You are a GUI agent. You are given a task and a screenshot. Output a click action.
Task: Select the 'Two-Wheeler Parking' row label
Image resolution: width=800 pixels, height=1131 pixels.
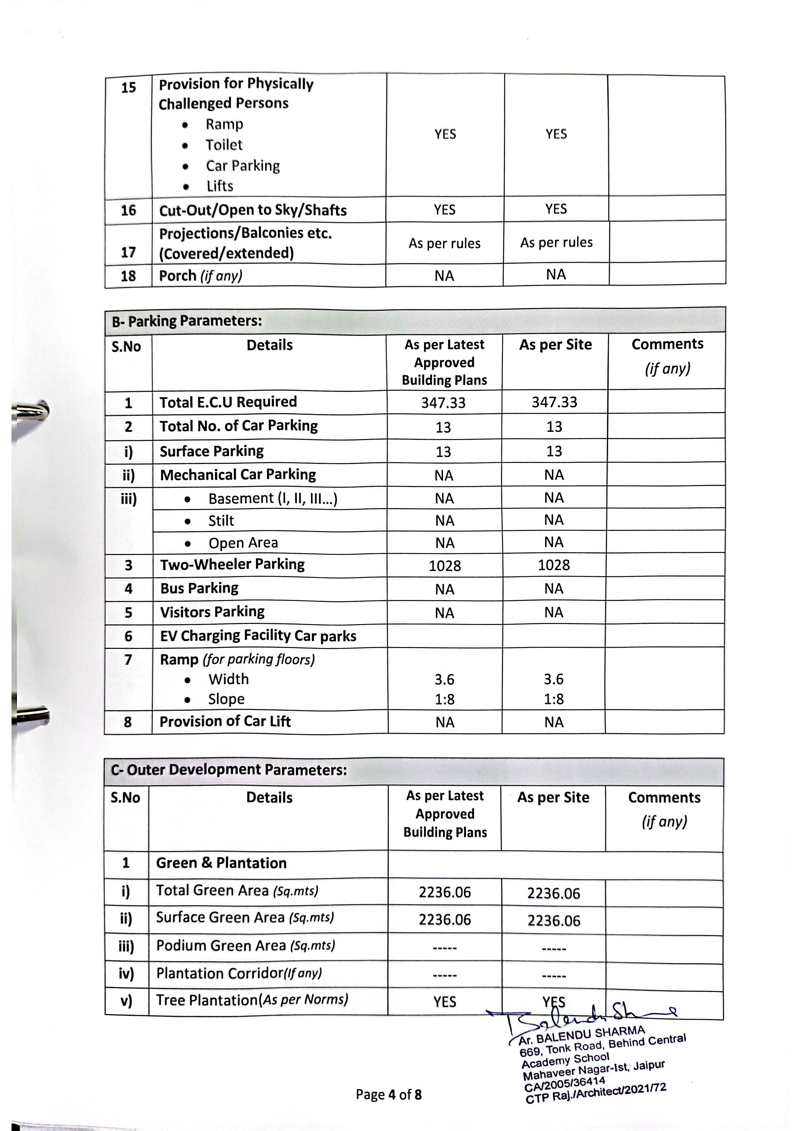[x=232, y=564]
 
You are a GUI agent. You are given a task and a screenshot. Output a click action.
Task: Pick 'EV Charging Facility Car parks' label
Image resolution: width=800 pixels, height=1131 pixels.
[x=258, y=636]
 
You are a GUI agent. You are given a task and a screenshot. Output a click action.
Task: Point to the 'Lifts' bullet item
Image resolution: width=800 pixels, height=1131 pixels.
[x=219, y=186]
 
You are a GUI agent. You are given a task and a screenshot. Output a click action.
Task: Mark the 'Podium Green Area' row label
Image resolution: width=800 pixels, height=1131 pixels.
[x=246, y=946]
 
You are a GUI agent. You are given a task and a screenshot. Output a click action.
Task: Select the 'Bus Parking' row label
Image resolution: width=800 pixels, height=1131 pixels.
[x=199, y=588]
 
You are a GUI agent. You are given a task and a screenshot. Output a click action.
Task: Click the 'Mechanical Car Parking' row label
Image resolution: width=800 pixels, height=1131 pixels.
[x=238, y=475]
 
